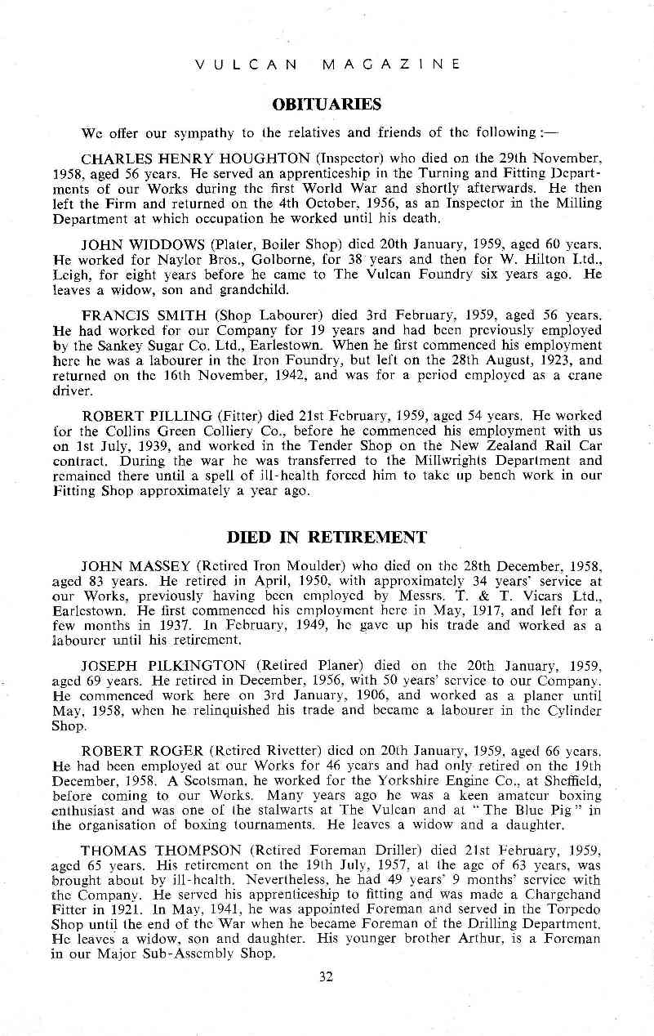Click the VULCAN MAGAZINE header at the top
327,64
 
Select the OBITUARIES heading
327,105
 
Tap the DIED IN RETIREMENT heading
327,537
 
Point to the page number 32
327,976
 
